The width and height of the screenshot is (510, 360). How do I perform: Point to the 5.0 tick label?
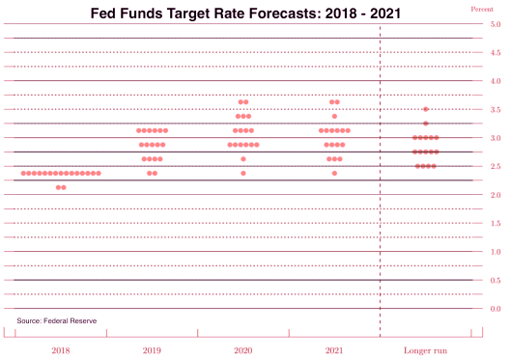(495, 25)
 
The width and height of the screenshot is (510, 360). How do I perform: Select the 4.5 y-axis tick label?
(495, 53)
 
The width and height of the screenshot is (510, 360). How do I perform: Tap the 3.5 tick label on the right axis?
(495, 110)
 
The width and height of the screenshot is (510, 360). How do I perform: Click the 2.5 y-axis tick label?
(495, 167)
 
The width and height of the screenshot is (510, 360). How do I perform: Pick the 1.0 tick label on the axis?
(495, 252)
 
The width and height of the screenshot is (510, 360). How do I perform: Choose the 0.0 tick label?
(495, 309)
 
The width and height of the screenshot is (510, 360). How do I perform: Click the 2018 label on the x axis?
(61, 351)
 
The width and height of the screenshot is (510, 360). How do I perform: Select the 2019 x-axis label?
(152, 351)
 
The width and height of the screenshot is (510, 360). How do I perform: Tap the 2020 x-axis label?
(243, 351)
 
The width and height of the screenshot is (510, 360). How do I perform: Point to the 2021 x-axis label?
(334, 351)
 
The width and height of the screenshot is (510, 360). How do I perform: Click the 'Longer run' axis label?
(425, 351)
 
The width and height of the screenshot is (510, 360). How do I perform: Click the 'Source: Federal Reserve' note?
(56, 320)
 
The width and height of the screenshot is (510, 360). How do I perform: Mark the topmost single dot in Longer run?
(426, 109)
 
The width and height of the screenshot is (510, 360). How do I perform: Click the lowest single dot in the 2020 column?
(243, 173)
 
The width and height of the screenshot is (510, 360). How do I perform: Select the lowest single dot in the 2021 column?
(334, 173)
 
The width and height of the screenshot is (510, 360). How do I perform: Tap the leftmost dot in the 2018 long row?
(23, 173)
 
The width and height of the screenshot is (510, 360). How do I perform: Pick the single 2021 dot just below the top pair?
(334, 116)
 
